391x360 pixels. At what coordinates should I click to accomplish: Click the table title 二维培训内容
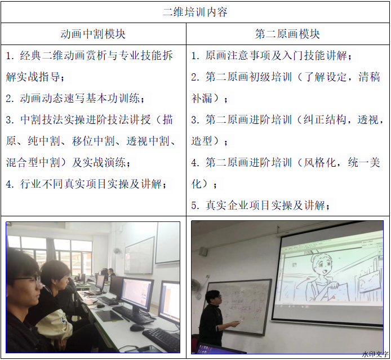(195, 12)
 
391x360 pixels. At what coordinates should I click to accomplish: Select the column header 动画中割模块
(93, 34)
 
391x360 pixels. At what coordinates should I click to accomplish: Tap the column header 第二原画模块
(287, 34)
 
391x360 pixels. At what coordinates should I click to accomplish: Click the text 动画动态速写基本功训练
(80, 98)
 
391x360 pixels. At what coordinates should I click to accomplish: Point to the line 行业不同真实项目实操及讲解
(91, 184)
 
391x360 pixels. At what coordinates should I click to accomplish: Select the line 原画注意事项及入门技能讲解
(276, 55)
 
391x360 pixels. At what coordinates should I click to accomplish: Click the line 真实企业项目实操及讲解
(265, 206)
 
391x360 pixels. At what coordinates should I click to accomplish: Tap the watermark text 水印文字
(375, 354)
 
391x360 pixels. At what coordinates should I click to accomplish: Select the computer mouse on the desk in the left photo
(137, 327)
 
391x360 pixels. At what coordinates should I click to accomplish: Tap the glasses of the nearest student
(29, 280)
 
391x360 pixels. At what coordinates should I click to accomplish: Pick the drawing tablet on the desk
(109, 315)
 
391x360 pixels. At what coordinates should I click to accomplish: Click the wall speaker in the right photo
(203, 252)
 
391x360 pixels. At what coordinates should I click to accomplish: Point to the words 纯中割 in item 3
(43, 141)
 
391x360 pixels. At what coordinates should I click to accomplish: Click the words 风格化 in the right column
(319, 163)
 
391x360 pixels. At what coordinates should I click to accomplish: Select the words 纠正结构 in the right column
(325, 119)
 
